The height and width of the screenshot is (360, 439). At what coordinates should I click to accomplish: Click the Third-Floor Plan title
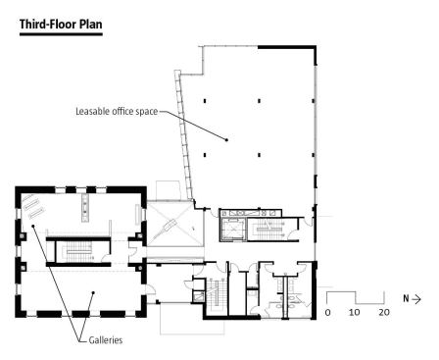[x=61, y=25]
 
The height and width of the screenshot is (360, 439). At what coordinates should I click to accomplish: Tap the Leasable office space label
[x=117, y=112]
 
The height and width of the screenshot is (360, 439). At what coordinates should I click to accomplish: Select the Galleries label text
[x=106, y=340]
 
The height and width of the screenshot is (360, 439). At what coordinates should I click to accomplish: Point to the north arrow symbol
[x=416, y=299]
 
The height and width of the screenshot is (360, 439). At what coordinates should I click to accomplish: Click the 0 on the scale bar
[x=327, y=313]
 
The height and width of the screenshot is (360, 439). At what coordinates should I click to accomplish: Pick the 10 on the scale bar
[x=354, y=313]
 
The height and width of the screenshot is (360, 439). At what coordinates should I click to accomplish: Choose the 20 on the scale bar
[x=384, y=313]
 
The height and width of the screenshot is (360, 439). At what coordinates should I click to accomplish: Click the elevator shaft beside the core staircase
[x=232, y=229]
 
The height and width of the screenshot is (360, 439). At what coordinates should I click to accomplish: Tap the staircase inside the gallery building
[x=78, y=251]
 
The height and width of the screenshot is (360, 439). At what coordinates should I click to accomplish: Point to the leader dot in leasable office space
[x=226, y=140]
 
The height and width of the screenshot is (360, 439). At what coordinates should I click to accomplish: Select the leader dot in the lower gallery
[x=93, y=293]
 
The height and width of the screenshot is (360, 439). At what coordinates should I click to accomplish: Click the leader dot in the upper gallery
[x=32, y=226]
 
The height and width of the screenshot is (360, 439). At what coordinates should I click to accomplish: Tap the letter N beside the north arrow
[x=406, y=299]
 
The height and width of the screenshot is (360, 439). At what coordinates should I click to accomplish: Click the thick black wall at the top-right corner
[x=287, y=47]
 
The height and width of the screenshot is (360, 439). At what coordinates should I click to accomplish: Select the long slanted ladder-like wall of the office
[x=184, y=135]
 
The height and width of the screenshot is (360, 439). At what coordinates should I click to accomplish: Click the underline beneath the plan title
[x=61, y=33]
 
